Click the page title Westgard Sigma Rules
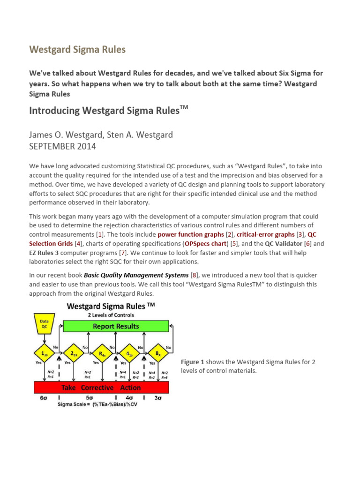coord(77,49)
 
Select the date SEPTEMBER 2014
coord(63,146)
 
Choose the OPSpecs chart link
coord(205,244)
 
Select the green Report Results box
coord(115,326)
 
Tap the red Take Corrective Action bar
coord(101,387)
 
